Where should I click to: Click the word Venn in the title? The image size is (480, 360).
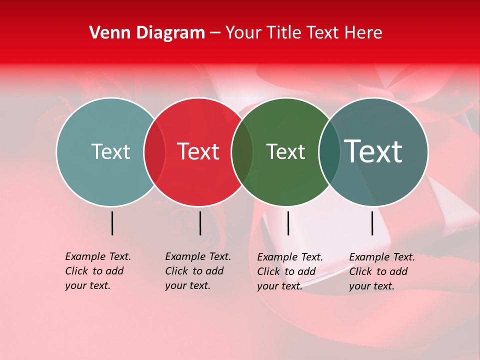(x=108, y=33)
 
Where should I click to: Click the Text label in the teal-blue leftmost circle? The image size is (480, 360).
(x=110, y=151)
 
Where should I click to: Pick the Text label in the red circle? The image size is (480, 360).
(x=198, y=151)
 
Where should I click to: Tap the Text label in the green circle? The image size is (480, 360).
(x=285, y=151)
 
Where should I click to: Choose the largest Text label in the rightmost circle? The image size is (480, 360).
(x=373, y=151)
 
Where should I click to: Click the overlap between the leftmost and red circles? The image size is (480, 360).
(x=154, y=151)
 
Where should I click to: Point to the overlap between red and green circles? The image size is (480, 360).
(x=242, y=151)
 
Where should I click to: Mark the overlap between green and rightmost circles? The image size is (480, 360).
(x=329, y=151)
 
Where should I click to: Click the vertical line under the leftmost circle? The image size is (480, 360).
(x=112, y=223)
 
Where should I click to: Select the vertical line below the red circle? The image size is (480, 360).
(x=200, y=223)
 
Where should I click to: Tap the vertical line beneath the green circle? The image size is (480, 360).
(x=288, y=223)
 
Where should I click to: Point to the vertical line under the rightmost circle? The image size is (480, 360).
(x=372, y=223)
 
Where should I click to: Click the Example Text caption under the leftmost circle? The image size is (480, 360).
(x=97, y=271)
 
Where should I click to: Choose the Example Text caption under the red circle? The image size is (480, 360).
(x=197, y=271)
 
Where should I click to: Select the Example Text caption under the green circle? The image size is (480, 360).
(x=289, y=271)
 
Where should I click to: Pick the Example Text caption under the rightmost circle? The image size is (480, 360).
(x=381, y=271)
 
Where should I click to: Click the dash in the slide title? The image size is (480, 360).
(x=215, y=33)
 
